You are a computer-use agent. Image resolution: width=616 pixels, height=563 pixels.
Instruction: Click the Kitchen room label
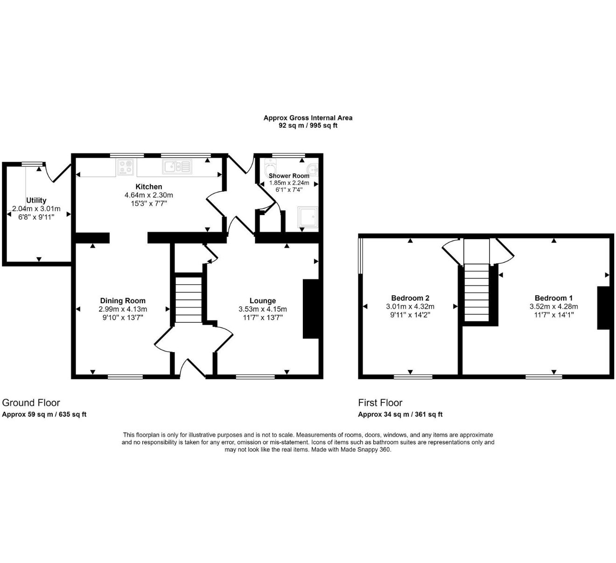tap(148, 187)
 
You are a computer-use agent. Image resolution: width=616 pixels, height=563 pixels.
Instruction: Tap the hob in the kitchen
tap(126, 167)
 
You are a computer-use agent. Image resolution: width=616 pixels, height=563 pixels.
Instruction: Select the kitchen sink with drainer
tap(177, 167)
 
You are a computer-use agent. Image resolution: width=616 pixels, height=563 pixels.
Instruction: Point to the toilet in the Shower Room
tap(270, 167)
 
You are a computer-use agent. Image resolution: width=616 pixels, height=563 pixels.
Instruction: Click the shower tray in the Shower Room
tap(308, 217)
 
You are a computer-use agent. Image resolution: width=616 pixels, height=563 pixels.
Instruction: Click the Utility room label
tap(36, 201)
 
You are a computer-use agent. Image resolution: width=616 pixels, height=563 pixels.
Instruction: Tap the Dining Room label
tap(123, 301)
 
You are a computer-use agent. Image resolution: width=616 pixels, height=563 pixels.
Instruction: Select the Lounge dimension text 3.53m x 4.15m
tap(263, 309)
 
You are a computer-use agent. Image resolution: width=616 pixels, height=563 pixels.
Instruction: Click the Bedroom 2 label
tap(410, 298)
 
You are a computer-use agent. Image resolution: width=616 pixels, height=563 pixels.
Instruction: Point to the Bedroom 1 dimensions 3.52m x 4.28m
tap(553, 306)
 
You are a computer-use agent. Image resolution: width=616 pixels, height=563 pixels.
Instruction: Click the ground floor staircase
tap(188, 299)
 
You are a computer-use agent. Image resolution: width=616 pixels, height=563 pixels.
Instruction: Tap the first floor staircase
tap(476, 292)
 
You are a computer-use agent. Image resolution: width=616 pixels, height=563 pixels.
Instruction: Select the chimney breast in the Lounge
tap(311, 309)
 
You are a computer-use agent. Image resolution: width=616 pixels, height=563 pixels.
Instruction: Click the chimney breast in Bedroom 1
tap(603, 308)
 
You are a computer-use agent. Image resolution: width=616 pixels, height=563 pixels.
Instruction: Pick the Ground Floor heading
tap(31, 403)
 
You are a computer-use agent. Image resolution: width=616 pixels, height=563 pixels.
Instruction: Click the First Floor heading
tap(380, 403)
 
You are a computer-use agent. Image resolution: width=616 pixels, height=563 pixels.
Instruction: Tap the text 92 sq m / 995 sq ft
tap(308, 125)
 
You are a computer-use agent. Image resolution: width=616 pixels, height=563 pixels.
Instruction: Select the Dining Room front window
tap(125, 377)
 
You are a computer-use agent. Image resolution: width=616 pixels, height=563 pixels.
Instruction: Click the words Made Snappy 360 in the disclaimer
tap(365, 450)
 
